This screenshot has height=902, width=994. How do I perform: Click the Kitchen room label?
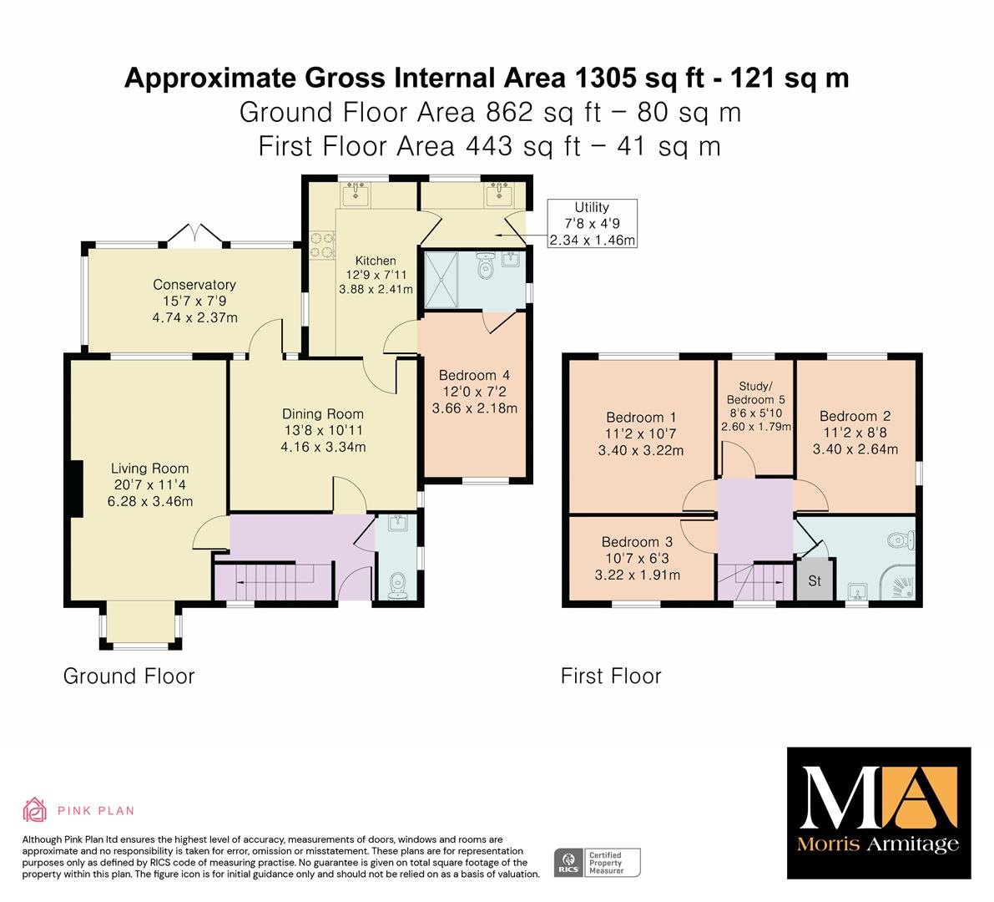[376, 261]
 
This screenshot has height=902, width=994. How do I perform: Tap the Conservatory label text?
[194, 285]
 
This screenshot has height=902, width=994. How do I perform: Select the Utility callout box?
[592, 223]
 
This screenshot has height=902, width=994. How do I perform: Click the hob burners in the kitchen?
[321, 245]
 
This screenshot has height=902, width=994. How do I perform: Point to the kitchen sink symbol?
[356, 194]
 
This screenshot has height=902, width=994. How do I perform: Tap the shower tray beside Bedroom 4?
[441, 279]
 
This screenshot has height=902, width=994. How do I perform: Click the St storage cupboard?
[815, 579]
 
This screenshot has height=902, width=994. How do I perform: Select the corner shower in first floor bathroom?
[898, 581]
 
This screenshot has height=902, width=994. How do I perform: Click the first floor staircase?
[755, 581]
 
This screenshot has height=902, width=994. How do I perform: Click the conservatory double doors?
[194, 233]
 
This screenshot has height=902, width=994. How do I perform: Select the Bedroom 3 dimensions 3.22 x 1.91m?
[637, 575]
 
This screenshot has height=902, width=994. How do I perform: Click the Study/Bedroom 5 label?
[755, 393]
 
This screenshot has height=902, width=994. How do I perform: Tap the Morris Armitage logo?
[879, 813]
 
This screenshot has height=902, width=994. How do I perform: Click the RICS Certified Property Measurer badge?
[598, 863]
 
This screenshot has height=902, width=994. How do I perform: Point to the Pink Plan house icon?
[35, 809]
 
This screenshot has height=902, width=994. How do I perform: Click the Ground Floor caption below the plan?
[129, 676]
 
